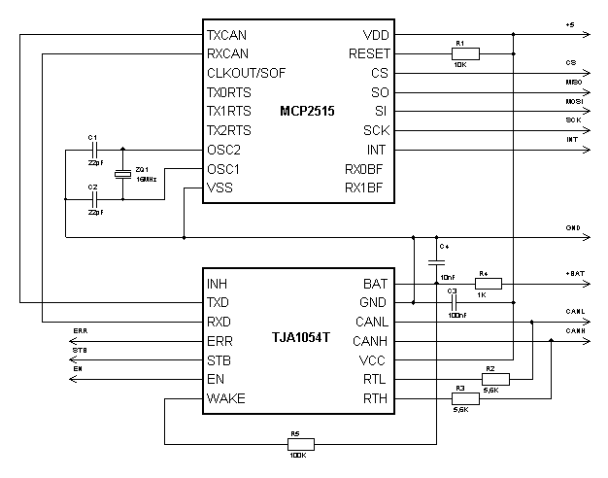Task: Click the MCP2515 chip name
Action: click(307, 112)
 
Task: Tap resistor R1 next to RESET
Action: click(461, 54)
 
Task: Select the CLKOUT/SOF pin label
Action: click(246, 73)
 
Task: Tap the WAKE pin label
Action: click(226, 399)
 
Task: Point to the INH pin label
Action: click(218, 284)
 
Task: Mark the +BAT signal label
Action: click(575, 275)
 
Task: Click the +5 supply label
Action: click(570, 24)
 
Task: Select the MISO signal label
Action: click(573, 83)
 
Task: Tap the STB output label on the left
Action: click(80, 350)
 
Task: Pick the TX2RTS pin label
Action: click(229, 131)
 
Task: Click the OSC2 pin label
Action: click(224, 150)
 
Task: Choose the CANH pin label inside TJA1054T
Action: click(370, 341)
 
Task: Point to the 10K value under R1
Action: click(461, 64)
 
